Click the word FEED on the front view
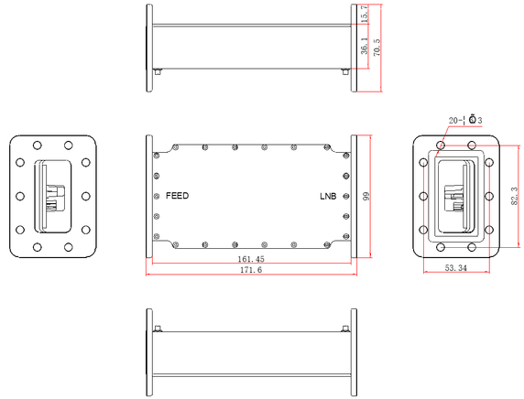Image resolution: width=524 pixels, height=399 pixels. click(x=177, y=196)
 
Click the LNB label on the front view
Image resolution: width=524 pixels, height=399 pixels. click(x=327, y=196)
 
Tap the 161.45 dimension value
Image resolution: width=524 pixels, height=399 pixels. click(x=250, y=260)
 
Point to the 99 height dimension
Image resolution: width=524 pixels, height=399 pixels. click(x=365, y=196)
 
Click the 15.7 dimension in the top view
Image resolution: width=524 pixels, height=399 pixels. click(x=365, y=15)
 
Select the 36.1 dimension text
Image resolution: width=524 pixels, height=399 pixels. click(x=365, y=47)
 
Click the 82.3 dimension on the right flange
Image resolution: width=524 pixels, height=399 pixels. click(x=513, y=196)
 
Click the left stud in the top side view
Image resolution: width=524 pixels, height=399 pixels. click(x=158, y=71)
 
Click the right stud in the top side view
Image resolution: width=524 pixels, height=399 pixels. click(x=344, y=71)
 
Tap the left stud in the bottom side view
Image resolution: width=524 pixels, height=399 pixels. click(x=158, y=329)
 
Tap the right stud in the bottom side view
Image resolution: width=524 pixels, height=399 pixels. click(x=344, y=329)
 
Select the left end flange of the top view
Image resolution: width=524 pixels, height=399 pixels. click(x=148, y=48)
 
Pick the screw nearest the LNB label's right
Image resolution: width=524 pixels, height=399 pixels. click(x=345, y=196)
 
